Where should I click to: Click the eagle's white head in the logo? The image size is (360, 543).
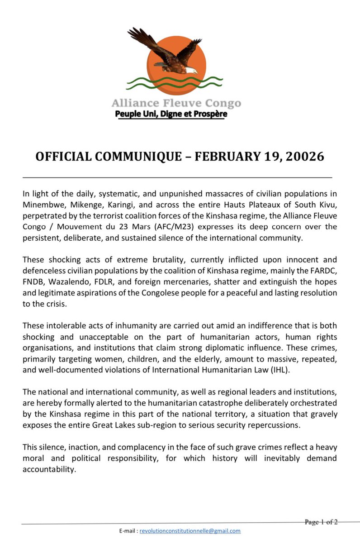(x=192, y=70)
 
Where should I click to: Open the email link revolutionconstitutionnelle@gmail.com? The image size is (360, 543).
(x=190, y=531)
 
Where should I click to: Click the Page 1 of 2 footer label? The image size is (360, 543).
(x=321, y=522)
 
